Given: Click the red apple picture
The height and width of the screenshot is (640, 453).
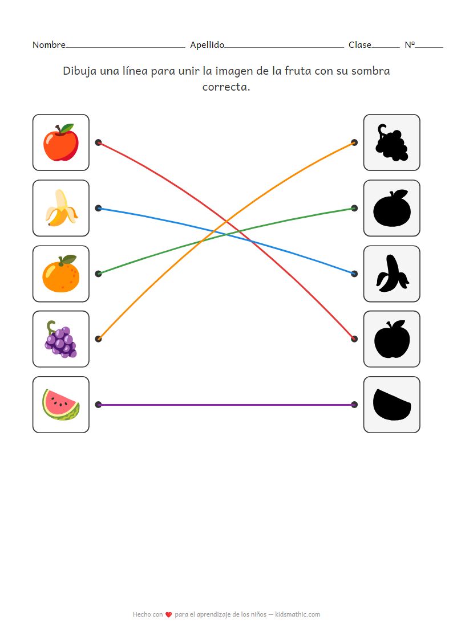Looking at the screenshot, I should coord(60,144).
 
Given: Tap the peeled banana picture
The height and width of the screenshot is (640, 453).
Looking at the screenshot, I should coord(60,209).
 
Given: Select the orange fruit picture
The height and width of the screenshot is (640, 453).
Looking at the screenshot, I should coord(60,275).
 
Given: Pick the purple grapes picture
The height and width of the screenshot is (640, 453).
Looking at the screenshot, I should coord(60,340).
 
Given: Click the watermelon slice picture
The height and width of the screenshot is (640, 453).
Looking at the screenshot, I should coord(60,405).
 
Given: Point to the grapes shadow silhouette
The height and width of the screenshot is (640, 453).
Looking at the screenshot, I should coord(391,142).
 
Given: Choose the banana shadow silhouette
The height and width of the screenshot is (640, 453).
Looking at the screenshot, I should coord(391,274).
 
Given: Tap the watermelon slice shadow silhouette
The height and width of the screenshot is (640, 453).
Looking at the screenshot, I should coord(391,404).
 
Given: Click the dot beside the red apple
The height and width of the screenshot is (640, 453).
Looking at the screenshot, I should coord(98,142).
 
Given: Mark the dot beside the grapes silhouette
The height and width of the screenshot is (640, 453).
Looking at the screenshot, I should coord(354,142).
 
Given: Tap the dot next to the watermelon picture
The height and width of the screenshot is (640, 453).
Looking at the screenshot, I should coord(98,405).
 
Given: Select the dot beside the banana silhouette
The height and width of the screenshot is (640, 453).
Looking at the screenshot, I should coord(354,274).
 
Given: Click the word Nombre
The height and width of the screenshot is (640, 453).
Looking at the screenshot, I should coord(48,45).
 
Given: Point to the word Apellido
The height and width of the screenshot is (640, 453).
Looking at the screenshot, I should coord(207,45).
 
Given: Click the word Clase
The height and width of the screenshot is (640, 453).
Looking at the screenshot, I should coord(360,45).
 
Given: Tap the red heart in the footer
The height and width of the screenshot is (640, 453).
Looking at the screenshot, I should coord(169,615).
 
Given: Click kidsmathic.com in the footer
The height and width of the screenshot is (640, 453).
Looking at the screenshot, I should coord(297,614).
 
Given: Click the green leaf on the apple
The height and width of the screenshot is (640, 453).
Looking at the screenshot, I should coord(68,128).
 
